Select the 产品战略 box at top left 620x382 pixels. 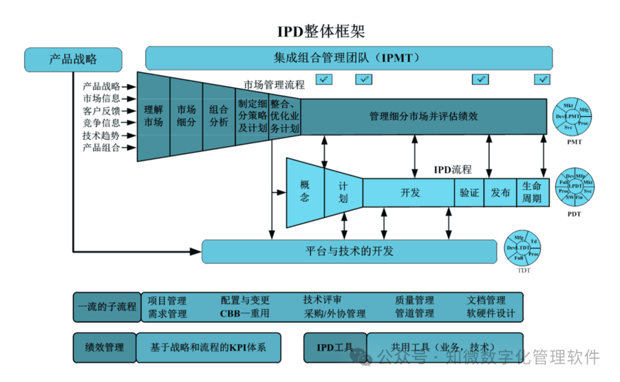[73, 59]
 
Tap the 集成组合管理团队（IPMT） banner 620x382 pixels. [348, 58]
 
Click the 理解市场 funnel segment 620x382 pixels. [153, 116]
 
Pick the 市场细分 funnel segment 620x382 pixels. [186, 116]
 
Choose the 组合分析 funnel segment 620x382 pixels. [219, 116]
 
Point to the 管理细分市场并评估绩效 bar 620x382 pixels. [423, 116]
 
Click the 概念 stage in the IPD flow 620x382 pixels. [305, 192]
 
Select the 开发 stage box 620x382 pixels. [409, 192]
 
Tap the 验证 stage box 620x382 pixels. [469, 193]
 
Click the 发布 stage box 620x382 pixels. [500, 193]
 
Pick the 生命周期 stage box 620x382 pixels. [532, 193]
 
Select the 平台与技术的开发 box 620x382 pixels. [349, 251]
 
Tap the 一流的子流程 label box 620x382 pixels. [107, 306]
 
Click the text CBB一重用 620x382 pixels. [245, 314]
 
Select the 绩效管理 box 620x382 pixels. [104, 347]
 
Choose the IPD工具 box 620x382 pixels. [335, 348]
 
